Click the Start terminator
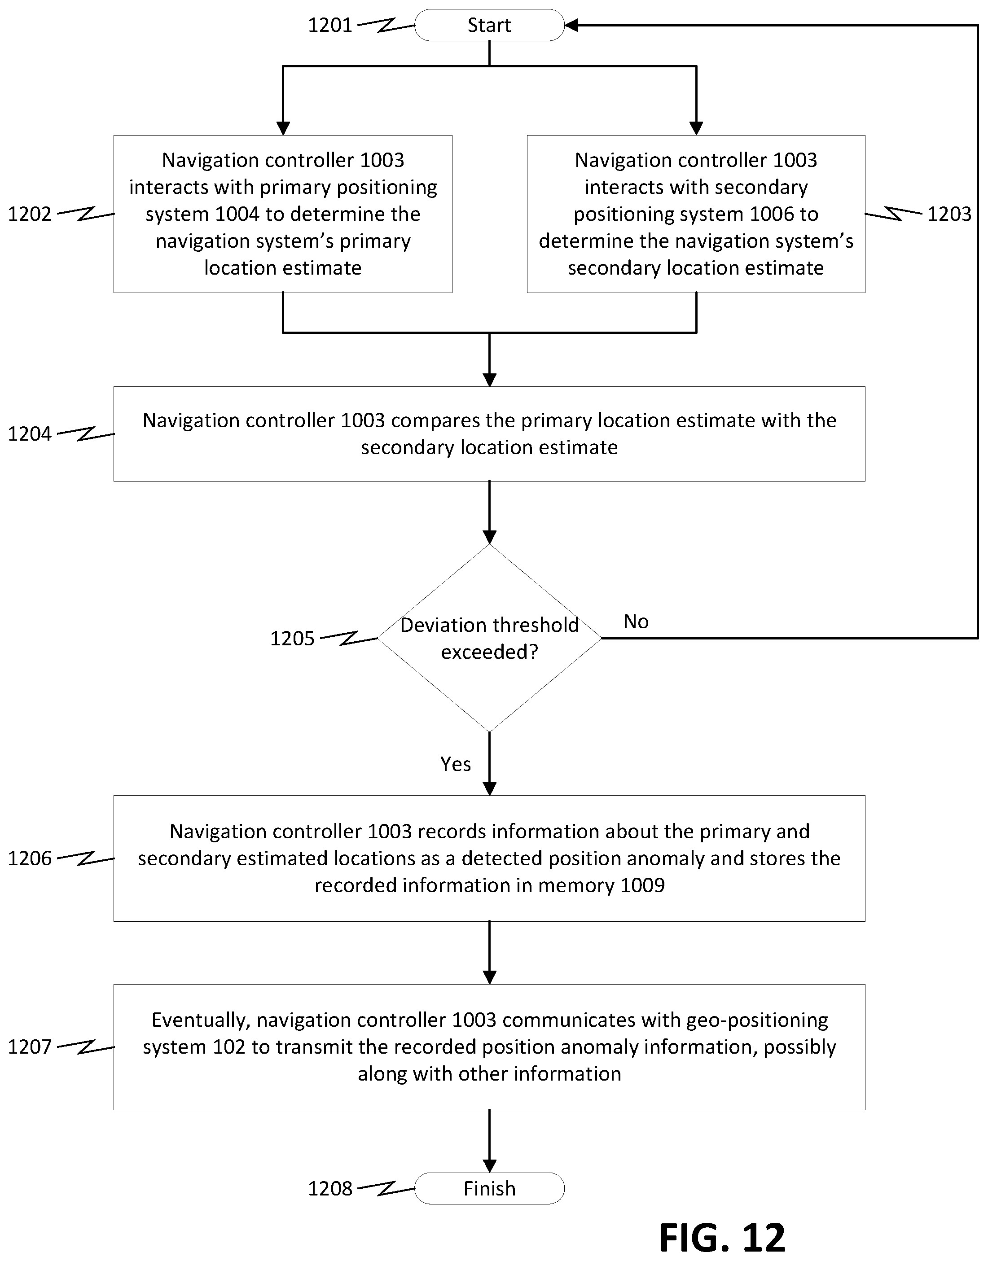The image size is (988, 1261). coord(489,25)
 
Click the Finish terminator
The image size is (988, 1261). coord(489,1188)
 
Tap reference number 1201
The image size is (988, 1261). coord(330,25)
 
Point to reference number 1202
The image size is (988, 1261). coord(30,214)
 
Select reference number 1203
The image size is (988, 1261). coord(949,214)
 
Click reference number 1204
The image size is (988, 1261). coord(30,433)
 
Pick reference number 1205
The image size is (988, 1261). coord(292,638)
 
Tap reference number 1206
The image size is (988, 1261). coord(30,858)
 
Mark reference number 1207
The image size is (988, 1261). coord(30,1046)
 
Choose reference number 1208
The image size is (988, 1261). coord(330,1188)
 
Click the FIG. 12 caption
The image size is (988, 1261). coord(722,1238)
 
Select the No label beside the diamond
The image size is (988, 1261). coord(636,622)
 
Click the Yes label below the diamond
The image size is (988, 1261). coord(455,764)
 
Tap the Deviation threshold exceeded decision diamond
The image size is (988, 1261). coord(489,638)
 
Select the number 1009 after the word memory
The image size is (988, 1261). coord(642,885)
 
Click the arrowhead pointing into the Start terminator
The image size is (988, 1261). coord(571,25)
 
